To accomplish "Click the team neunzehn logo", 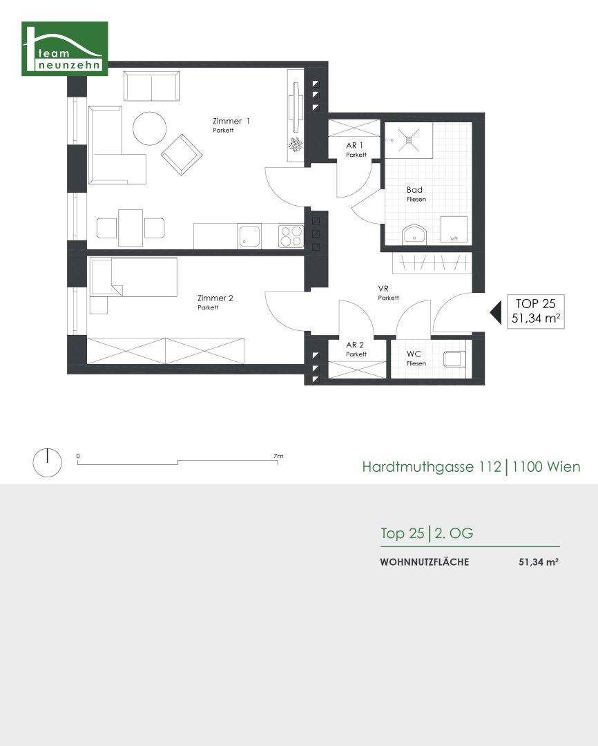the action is pos(65,48).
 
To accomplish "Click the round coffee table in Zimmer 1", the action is pos(149,128).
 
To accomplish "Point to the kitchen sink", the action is pos(249,236).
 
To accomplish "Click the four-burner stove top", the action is pos(291,236).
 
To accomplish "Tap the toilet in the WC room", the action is pos(454,358).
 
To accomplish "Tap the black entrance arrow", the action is pos(496,313).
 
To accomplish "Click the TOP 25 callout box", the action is pos(536,311).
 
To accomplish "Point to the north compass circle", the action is pos(47,462).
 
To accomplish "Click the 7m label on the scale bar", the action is pos(278,456).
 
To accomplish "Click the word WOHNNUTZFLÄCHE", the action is pos(425,562).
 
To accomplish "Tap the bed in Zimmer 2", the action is pos(133,276).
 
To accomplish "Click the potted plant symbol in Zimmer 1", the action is pos(296,144).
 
